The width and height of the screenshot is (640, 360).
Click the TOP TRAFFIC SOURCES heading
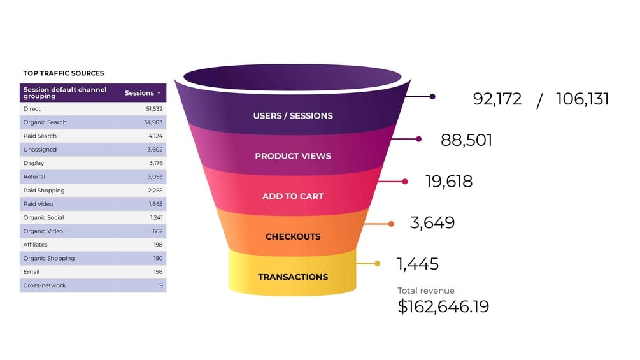64,73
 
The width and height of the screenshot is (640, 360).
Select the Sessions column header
139,93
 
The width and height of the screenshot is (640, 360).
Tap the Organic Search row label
45,122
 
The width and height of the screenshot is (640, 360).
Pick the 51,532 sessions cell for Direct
154,109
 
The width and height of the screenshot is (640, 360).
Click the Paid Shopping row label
44,191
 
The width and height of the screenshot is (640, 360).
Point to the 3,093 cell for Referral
155,176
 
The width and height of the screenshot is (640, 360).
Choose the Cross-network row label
45,285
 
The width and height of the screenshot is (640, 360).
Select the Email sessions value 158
157,272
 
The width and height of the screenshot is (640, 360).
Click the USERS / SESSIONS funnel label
293,116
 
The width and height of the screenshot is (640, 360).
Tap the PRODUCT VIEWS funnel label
293,156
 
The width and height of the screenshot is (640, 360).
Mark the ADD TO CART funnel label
293,196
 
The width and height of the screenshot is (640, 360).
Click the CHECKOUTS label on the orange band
293,236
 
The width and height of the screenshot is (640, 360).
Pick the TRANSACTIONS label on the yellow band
293,277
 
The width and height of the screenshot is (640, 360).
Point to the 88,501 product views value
466,140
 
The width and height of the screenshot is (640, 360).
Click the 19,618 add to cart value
449,182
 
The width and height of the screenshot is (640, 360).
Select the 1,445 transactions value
417,264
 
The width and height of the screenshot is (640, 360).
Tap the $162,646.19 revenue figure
443,306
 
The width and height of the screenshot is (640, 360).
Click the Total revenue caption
427,291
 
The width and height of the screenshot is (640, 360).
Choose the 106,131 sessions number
582,99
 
